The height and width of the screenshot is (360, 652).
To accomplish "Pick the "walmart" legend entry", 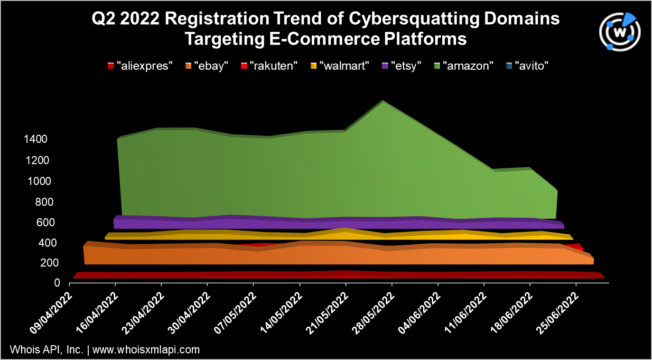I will point(340,66).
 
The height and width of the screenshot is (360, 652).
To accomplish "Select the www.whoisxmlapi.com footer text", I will point(146,350).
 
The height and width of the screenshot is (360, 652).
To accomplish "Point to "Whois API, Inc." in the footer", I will point(47,350).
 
